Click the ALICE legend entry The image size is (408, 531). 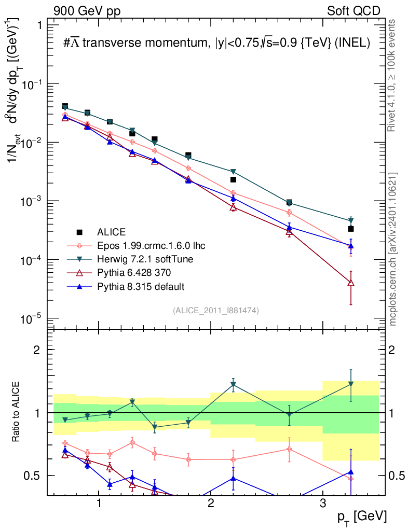pyautogui.click(x=112, y=232)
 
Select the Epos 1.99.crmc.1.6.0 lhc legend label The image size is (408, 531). pyautogui.click(x=155, y=245)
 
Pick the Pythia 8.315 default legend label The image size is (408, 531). pyautogui.click(x=140, y=286)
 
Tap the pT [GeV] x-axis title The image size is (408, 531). pyautogui.click(x=361, y=516)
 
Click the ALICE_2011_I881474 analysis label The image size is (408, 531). pyautogui.click(x=216, y=311)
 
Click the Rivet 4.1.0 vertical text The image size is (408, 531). pyautogui.click(x=393, y=75)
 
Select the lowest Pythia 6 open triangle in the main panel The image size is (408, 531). pyautogui.click(x=351, y=283)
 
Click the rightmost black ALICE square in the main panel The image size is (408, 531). pyautogui.click(x=351, y=229)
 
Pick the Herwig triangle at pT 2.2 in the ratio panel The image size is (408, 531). pyautogui.click(x=233, y=385)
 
